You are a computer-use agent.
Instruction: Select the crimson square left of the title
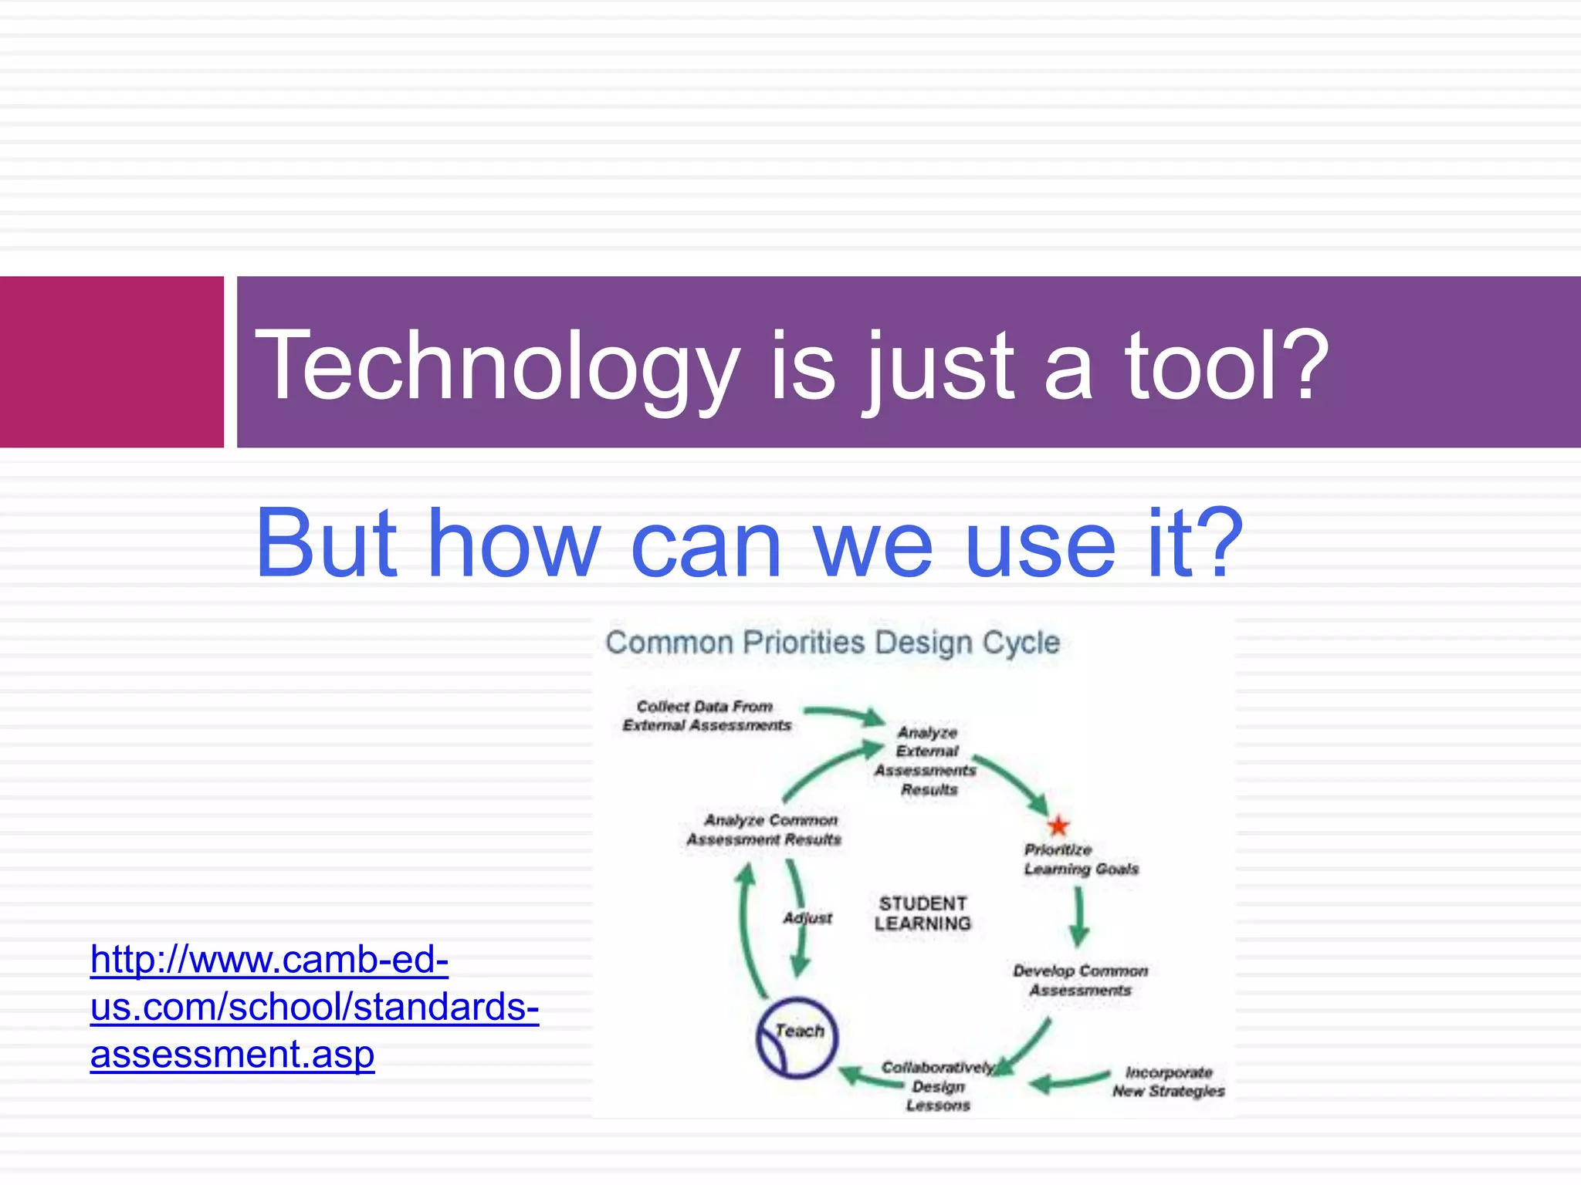click(x=111, y=362)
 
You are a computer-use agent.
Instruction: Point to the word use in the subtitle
click(x=1040, y=545)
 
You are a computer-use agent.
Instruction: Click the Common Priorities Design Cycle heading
click(x=832, y=643)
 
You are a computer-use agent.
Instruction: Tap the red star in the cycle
click(x=1058, y=825)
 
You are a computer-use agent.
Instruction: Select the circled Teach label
click(x=797, y=1036)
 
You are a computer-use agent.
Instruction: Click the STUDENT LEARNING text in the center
click(x=923, y=913)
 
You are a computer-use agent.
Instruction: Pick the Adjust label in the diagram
click(x=808, y=918)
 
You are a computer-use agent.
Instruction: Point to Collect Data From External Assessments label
click(x=706, y=716)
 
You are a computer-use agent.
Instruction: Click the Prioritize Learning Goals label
click(x=1080, y=859)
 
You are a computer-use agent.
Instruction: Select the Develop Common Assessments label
click(x=1080, y=981)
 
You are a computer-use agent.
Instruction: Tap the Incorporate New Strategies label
click(x=1168, y=1082)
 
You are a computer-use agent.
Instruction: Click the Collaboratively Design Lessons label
click(x=937, y=1086)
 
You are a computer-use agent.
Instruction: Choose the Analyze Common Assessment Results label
click(x=764, y=829)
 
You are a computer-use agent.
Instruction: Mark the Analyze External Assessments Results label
click(x=926, y=761)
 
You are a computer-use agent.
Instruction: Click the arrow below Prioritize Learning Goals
click(x=1079, y=917)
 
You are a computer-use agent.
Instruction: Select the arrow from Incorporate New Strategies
click(x=1069, y=1082)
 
